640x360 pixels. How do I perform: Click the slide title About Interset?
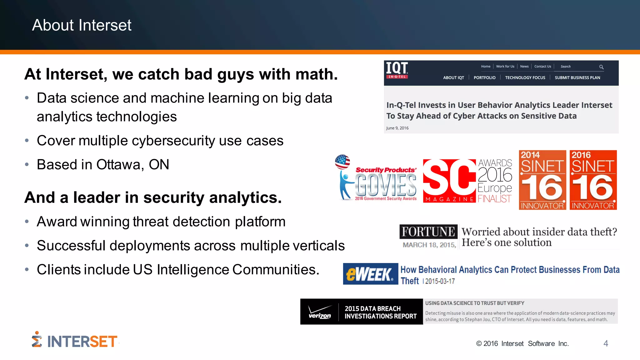pyautogui.click(x=82, y=25)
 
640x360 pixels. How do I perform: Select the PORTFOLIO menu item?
pyautogui.click(x=484, y=78)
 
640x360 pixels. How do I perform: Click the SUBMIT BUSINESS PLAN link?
pyautogui.click(x=577, y=78)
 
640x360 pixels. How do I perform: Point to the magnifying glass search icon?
pyautogui.click(x=601, y=67)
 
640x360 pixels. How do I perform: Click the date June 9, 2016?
pyautogui.click(x=397, y=128)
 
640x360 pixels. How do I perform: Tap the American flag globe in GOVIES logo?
pyautogui.click(x=342, y=162)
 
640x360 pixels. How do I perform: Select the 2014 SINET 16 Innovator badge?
pyautogui.click(x=542, y=180)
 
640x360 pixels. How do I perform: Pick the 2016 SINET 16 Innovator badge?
pyautogui.click(x=593, y=180)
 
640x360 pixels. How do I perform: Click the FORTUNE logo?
pyautogui.click(x=428, y=232)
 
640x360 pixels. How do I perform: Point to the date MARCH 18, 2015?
pyautogui.click(x=429, y=245)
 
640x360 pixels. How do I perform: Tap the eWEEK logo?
pyautogui.click(x=370, y=274)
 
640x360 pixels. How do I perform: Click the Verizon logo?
pyautogui.click(x=319, y=312)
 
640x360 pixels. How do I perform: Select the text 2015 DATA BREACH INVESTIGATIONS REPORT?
pyautogui.click(x=380, y=312)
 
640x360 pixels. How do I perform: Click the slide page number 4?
pyautogui.click(x=606, y=343)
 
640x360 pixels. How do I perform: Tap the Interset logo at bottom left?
pyautogui.click(x=75, y=341)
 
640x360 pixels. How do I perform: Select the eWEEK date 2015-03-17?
pyautogui.click(x=440, y=281)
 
